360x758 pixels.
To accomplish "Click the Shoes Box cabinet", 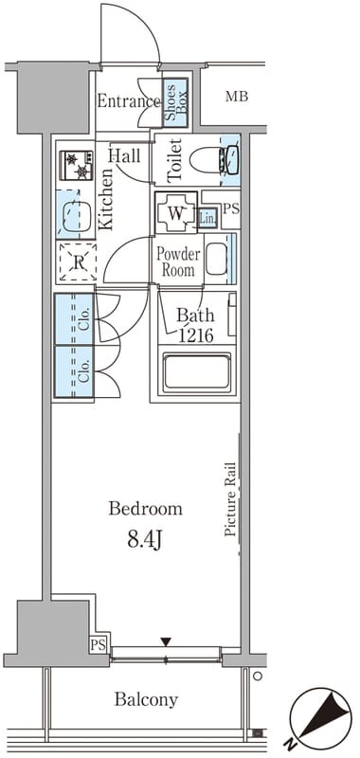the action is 175,102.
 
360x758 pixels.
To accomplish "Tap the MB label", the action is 237,97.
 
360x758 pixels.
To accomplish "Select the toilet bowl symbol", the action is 213,160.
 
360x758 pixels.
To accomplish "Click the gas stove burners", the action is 77,165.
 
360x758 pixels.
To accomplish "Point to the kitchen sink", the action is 75,215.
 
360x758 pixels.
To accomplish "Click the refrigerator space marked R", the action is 78,262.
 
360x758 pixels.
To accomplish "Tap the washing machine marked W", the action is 176,213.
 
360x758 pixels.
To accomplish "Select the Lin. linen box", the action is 208,219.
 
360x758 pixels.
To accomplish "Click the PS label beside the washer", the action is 231,209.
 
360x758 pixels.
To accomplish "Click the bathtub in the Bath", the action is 197,372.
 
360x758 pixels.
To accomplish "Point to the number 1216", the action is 195,335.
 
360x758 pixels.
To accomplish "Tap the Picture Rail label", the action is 230,499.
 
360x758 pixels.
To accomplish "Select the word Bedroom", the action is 146,509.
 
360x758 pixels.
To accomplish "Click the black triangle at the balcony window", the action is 166,641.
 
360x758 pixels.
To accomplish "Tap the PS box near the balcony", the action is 99,644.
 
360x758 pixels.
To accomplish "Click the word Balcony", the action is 146,699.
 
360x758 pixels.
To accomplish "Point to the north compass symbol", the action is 321,718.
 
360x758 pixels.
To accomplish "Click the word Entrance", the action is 129,101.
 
